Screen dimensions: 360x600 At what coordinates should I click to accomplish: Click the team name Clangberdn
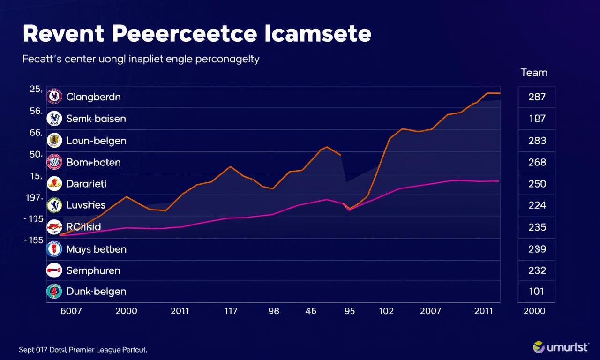click(93, 97)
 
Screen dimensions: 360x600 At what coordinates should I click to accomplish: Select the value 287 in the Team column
click(537, 97)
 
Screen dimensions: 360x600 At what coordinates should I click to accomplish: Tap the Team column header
click(534, 73)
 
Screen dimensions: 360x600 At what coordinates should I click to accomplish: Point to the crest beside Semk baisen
click(55, 119)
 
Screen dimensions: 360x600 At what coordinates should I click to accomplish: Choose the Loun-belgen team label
click(96, 140)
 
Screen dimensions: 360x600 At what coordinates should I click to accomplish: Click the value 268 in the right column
click(537, 162)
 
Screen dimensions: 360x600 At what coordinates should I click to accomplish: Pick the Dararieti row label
click(86, 184)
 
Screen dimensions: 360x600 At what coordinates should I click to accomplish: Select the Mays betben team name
click(96, 249)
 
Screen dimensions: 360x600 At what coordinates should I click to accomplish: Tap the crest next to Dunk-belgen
click(55, 291)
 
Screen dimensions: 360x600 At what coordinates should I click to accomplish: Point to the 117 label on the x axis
click(231, 311)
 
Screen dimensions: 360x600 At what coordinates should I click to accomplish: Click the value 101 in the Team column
click(537, 291)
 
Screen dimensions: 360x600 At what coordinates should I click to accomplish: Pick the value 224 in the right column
click(537, 205)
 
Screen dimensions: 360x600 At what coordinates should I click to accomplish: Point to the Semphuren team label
click(93, 270)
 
